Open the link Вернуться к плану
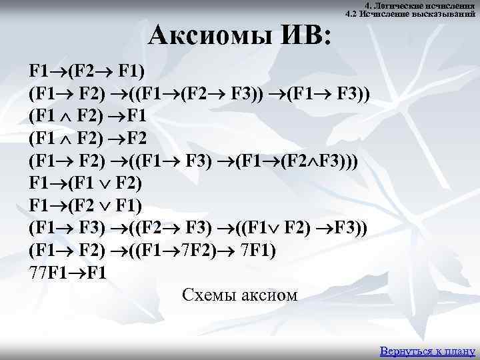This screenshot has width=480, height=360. click(427, 351)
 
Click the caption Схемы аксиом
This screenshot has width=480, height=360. click(239, 294)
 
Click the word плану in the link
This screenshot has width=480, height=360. click(459, 351)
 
